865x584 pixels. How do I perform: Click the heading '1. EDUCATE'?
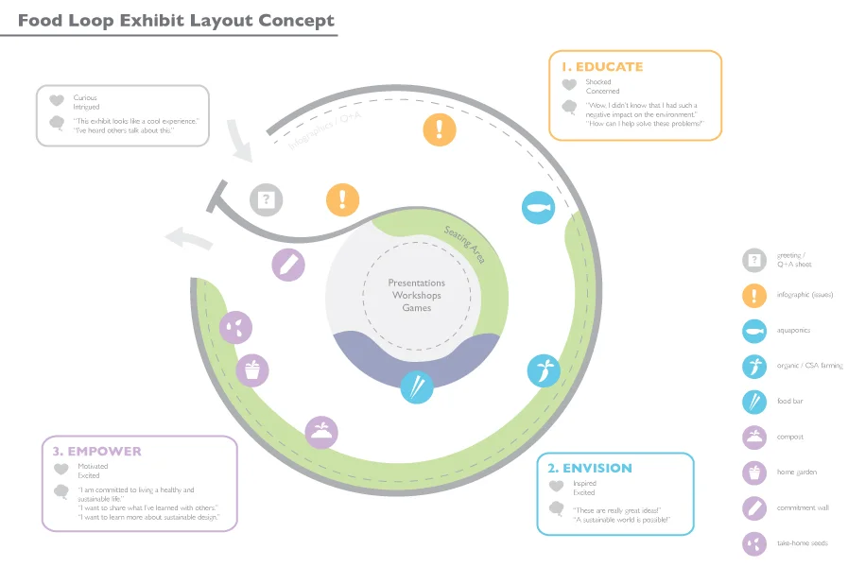coord(601,67)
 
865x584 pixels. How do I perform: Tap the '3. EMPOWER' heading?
coord(97,451)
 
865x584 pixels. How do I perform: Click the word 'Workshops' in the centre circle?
coord(416,296)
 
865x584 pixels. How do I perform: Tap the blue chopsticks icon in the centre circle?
coord(417,386)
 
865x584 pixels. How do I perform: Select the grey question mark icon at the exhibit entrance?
coord(267,199)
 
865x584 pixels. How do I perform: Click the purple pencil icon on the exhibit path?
coord(288,263)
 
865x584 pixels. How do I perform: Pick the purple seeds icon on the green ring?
coord(236,327)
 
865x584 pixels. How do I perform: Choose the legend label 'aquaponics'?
coord(794,331)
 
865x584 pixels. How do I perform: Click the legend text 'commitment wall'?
coord(803,507)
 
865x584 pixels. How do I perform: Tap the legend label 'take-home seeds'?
coord(802,543)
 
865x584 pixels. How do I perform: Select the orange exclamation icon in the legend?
coord(753,295)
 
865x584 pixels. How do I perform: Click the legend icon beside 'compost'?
coord(753,437)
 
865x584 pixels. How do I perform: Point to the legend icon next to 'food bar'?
coord(753,402)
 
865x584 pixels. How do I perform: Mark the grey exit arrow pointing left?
coord(184,238)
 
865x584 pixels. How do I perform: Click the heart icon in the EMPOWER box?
coord(61,469)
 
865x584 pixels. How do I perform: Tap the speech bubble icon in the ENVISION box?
coord(556,508)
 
